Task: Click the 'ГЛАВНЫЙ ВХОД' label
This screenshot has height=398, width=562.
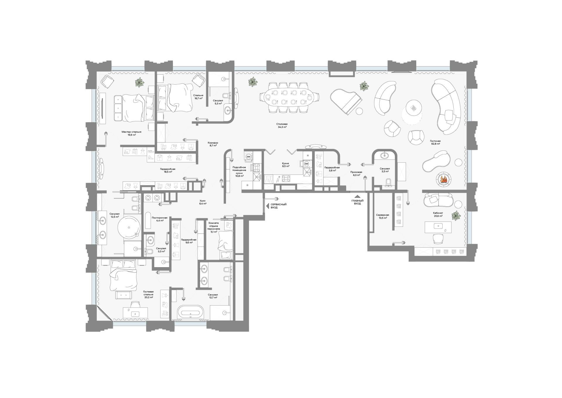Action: pyautogui.click(x=357, y=202)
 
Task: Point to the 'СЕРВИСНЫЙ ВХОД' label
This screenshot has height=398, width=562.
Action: pyautogui.click(x=278, y=206)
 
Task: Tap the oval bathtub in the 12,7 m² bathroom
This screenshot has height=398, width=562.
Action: pyautogui.click(x=190, y=312)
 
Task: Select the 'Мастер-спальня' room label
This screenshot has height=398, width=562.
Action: pyautogui.click(x=131, y=132)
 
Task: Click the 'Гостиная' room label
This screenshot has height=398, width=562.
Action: pyautogui.click(x=435, y=141)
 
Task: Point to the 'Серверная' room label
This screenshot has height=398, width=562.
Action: pyautogui.click(x=383, y=215)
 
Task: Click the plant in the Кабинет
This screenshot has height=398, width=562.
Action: pyautogui.click(x=456, y=216)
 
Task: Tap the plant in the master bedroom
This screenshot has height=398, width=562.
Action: pyautogui.click(x=140, y=83)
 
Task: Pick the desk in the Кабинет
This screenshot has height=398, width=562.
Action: pyautogui.click(x=438, y=227)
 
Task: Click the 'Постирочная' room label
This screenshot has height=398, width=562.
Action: pyautogui.click(x=160, y=218)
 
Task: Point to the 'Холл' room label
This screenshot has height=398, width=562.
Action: pyautogui.click(x=203, y=201)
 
